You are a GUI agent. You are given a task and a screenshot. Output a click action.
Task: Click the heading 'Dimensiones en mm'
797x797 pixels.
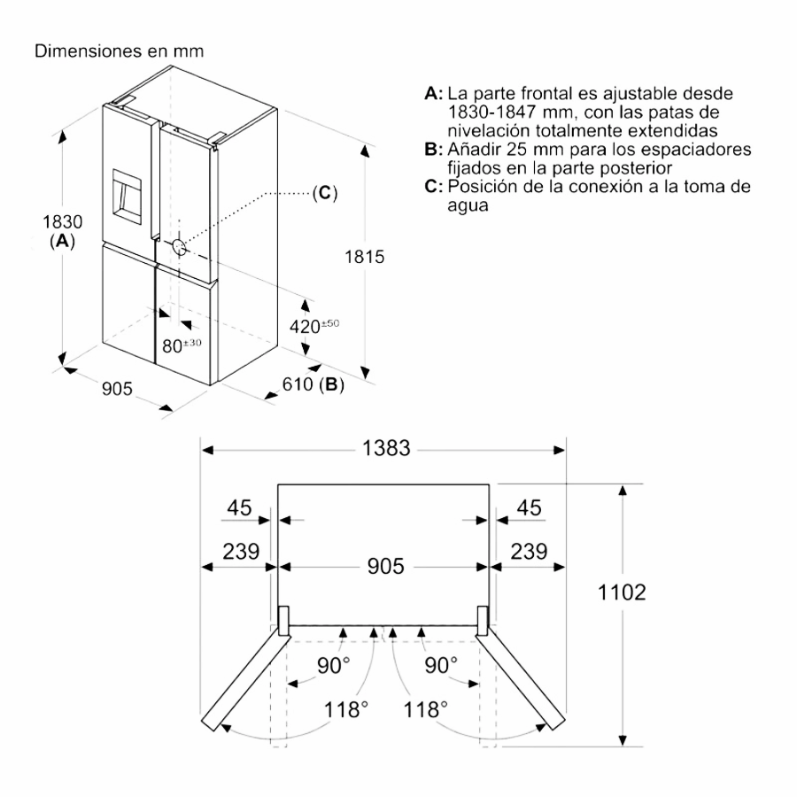point(120,51)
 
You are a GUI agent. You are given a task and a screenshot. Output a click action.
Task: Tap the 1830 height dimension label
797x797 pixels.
point(61,221)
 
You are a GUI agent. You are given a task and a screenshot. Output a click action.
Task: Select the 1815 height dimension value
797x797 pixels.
point(363,258)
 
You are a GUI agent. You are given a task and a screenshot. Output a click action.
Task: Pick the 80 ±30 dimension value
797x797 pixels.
point(182,344)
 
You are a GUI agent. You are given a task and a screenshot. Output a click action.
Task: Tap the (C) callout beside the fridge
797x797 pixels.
point(325,193)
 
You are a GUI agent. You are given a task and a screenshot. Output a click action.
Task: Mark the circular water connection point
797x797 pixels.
point(178,247)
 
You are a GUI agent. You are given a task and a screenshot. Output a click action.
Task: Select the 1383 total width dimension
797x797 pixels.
point(385,449)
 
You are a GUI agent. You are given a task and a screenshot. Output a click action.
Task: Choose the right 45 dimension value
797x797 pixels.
point(529,508)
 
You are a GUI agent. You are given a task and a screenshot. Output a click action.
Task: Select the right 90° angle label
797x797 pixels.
point(440,666)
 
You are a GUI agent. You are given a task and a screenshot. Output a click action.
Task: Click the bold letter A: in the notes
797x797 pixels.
point(433,93)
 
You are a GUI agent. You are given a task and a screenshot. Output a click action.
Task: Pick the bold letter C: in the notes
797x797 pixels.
point(433,187)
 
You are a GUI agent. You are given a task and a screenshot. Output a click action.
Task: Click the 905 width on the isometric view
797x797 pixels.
point(117,388)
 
